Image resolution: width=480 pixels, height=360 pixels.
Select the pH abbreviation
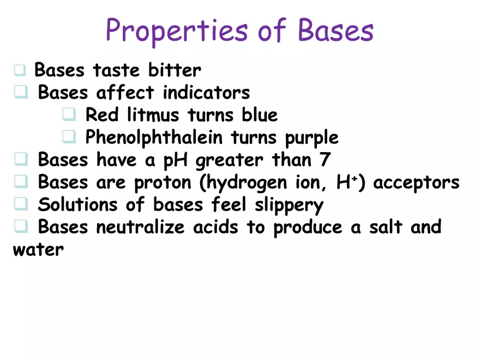pyautogui.click(x=177, y=161)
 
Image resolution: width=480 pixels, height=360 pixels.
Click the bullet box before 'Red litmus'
pyautogui.click(x=69, y=115)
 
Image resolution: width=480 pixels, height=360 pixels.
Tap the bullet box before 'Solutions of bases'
pyautogui.click(x=21, y=205)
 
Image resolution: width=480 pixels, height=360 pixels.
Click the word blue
pyautogui.click(x=260, y=115)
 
